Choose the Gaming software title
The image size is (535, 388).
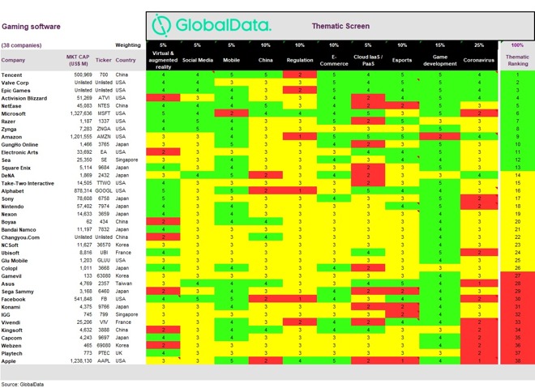pyautogui.click(x=30, y=25)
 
